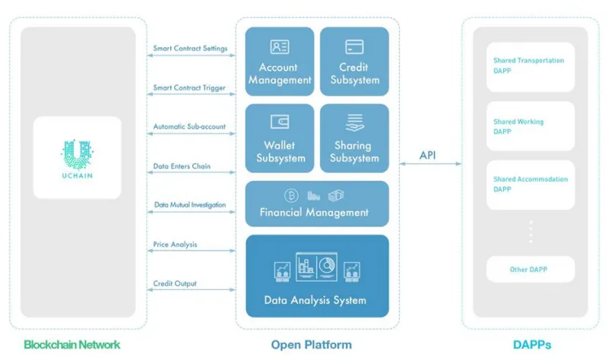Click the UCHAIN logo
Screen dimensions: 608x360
[78, 159]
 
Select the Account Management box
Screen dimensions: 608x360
[280, 62]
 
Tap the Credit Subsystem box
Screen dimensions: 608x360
[354, 62]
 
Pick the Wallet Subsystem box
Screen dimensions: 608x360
[280, 138]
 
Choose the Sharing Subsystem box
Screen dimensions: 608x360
[354, 138]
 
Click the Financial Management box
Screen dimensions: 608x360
[317, 204]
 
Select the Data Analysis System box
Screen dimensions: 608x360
[317, 276]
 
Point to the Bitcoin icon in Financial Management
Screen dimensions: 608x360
[291, 196]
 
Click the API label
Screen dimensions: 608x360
[427, 156]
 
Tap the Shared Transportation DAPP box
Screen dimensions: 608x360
[530, 67]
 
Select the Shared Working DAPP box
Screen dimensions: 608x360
[530, 126]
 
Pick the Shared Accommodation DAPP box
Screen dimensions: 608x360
[530, 185]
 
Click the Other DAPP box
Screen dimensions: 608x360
[530, 269]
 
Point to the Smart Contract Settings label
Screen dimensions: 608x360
[190, 49]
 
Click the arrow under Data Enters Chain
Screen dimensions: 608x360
[192, 172]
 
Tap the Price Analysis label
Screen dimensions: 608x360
[175, 245]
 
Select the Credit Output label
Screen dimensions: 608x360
[175, 283]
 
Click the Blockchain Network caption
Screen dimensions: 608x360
[72, 345]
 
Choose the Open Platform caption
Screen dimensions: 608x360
[312, 345]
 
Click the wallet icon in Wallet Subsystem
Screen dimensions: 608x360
[280, 122]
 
